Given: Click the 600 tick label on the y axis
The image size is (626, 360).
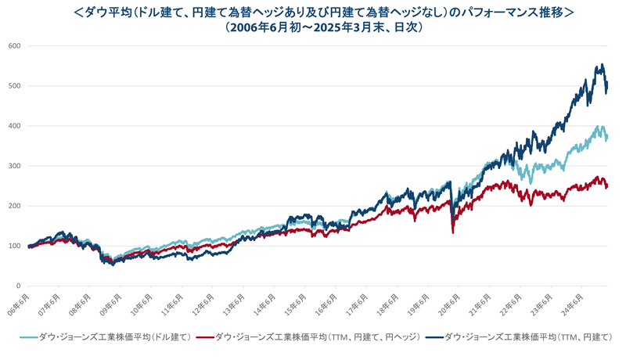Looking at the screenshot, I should point(14,45).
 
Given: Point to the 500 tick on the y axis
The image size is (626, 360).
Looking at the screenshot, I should point(14,86).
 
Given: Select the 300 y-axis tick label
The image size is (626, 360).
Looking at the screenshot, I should point(14,166).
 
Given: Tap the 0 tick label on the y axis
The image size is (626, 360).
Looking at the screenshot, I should point(18,286).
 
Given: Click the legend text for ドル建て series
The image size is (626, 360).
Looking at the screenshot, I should point(117,337).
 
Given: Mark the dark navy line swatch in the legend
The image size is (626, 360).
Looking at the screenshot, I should point(432,337).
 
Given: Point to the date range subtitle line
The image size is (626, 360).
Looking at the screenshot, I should point(313,27).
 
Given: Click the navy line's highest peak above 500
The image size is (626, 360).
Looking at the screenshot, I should point(601,65).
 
